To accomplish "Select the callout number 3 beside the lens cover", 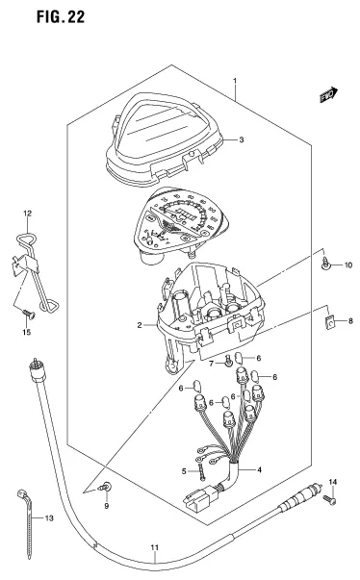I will point(241,139).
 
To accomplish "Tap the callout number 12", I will point(27,212).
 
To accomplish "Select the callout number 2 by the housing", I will point(141,326).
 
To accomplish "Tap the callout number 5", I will point(183,470).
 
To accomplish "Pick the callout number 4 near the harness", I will point(260,470).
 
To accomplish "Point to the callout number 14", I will point(334,481).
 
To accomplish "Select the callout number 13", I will point(39,517).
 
